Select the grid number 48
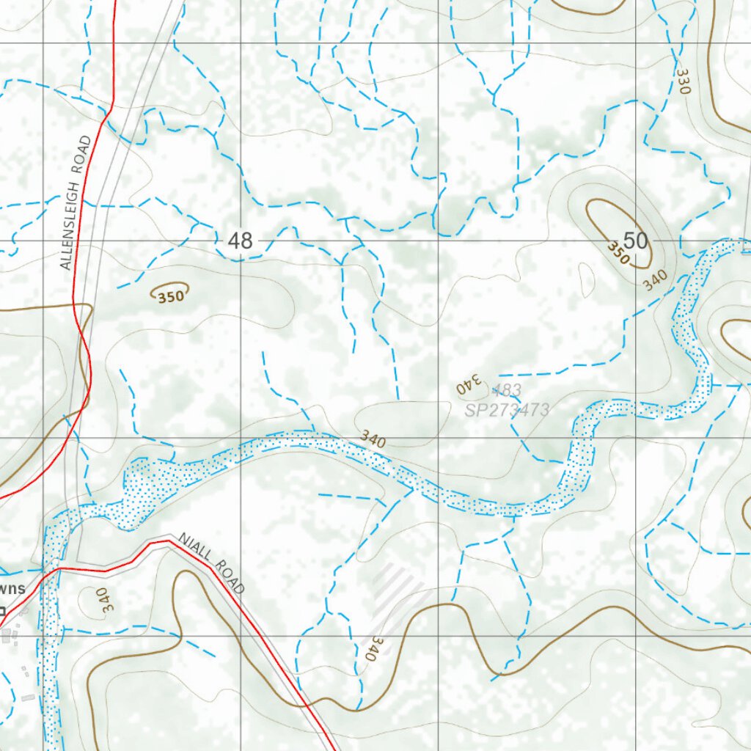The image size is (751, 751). click(x=240, y=240)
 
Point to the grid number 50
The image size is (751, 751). click(x=635, y=240)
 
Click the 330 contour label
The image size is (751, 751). click(x=684, y=81)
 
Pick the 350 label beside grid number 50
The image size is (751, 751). click(x=618, y=253)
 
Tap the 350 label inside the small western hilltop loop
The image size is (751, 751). click(x=169, y=296)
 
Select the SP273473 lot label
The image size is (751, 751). click(x=507, y=410)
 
